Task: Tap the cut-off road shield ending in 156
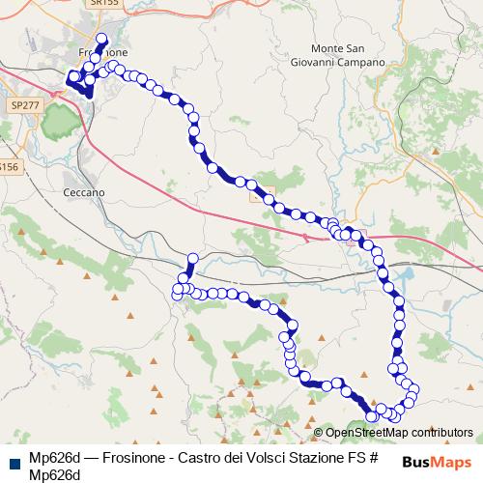click(x=8, y=167)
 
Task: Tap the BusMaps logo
click(x=436, y=462)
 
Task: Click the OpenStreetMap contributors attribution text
click(x=397, y=433)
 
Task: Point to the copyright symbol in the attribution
click(x=318, y=433)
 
